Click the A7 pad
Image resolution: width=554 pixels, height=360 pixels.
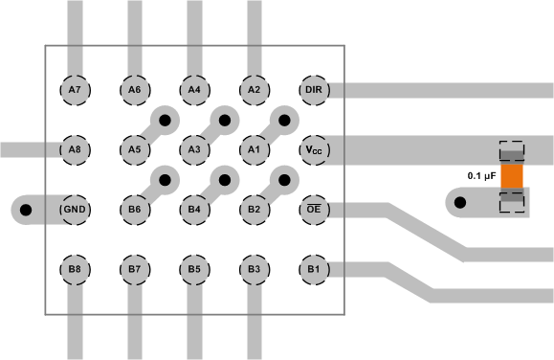(x=75, y=90)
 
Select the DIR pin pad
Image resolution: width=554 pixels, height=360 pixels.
(x=313, y=90)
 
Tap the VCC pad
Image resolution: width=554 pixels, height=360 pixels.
(x=313, y=150)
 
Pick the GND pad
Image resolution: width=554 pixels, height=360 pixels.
(x=75, y=209)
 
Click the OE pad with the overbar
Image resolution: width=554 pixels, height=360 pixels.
(x=313, y=209)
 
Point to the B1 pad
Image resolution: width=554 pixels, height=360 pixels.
(x=313, y=269)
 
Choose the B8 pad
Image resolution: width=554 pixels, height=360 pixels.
(x=75, y=269)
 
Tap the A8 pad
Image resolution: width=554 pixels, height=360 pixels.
(x=75, y=150)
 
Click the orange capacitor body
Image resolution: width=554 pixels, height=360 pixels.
(x=513, y=175)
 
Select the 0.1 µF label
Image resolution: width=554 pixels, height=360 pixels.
(x=481, y=176)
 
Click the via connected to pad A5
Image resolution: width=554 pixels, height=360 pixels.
(x=165, y=121)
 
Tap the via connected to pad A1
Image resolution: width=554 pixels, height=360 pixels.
(x=283, y=121)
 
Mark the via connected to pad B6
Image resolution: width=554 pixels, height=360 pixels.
(x=165, y=179)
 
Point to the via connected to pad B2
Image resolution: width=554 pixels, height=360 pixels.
(x=283, y=179)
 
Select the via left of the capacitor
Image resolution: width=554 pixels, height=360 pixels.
(x=460, y=203)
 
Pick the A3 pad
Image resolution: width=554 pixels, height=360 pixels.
(x=194, y=150)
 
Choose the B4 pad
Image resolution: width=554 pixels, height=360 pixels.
(x=194, y=209)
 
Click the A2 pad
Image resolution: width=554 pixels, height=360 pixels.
(x=254, y=90)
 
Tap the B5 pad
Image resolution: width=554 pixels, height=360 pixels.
(x=194, y=269)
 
